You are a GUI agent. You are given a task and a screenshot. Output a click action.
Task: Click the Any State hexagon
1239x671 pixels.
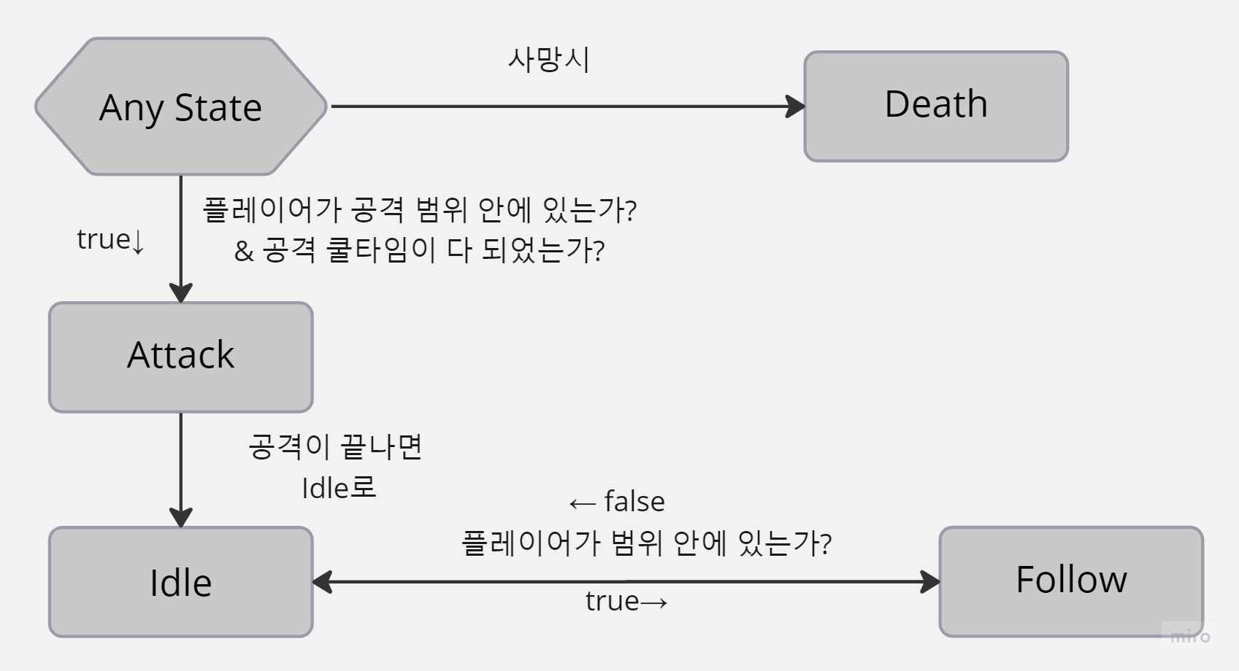(x=180, y=106)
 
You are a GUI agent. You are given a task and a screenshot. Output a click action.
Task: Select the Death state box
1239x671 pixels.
(x=936, y=106)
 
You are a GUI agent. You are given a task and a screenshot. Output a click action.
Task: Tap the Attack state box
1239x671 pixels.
(x=180, y=357)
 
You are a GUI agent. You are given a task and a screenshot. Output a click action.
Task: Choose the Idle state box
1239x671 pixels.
(x=180, y=582)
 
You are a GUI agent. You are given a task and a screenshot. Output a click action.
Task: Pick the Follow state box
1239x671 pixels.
(x=1071, y=581)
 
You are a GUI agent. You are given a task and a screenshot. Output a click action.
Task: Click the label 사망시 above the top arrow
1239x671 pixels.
(x=548, y=60)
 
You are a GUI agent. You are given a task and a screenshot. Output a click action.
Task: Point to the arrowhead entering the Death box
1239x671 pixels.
(x=796, y=106)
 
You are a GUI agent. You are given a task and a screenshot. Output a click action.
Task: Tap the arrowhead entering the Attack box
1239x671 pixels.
(x=180, y=292)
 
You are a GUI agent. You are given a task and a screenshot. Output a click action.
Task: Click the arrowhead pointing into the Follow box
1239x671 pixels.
(x=931, y=582)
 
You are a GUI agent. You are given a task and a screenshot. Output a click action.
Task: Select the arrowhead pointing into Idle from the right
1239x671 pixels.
(x=322, y=582)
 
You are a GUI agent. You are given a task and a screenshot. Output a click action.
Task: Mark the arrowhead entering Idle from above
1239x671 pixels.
(x=180, y=517)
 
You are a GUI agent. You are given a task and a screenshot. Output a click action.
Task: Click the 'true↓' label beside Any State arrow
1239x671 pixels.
(x=110, y=240)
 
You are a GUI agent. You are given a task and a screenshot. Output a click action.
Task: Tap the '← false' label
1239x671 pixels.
(x=617, y=502)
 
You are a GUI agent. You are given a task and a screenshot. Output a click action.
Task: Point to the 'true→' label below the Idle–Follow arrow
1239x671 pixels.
(x=626, y=601)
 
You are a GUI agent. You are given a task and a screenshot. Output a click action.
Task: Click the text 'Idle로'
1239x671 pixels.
(x=339, y=488)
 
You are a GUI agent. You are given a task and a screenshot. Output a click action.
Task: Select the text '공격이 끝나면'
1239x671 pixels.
(x=336, y=446)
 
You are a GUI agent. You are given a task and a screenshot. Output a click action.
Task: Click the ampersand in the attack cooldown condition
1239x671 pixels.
(x=244, y=252)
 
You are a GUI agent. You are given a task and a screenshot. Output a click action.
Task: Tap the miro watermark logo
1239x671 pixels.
(x=1190, y=636)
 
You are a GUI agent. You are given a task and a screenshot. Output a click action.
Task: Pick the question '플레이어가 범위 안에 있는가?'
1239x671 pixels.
(x=646, y=543)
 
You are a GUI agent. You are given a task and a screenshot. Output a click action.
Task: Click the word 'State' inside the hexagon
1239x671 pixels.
(x=218, y=108)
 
